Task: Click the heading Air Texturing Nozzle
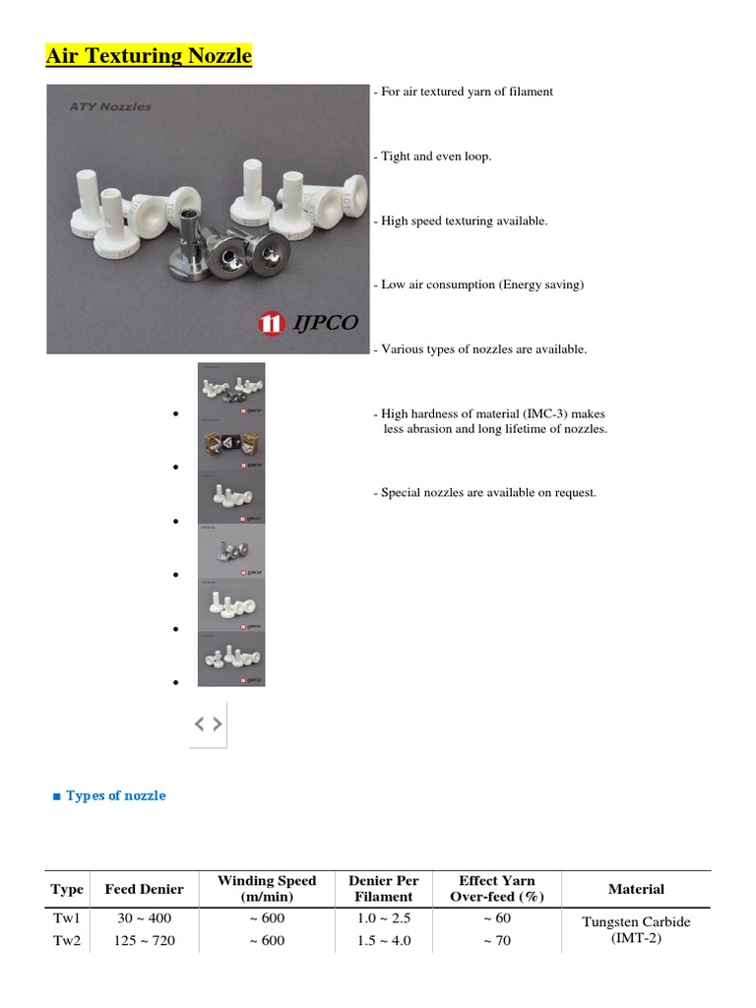[149, 56]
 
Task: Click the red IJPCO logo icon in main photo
[269, 323]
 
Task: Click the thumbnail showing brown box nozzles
[231, 443]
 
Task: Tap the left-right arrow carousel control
[208, 724]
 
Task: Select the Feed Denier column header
[144, 889]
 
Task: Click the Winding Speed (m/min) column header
[267, 889]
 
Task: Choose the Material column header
[636, 889]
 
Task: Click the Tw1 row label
[67, 918]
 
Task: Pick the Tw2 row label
[67, 940]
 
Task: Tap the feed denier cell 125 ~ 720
[144, 940]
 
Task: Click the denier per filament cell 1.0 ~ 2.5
[383, 918]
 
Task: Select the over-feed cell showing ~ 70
[497, 940]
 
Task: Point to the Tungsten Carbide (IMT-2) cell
[636, 929]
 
